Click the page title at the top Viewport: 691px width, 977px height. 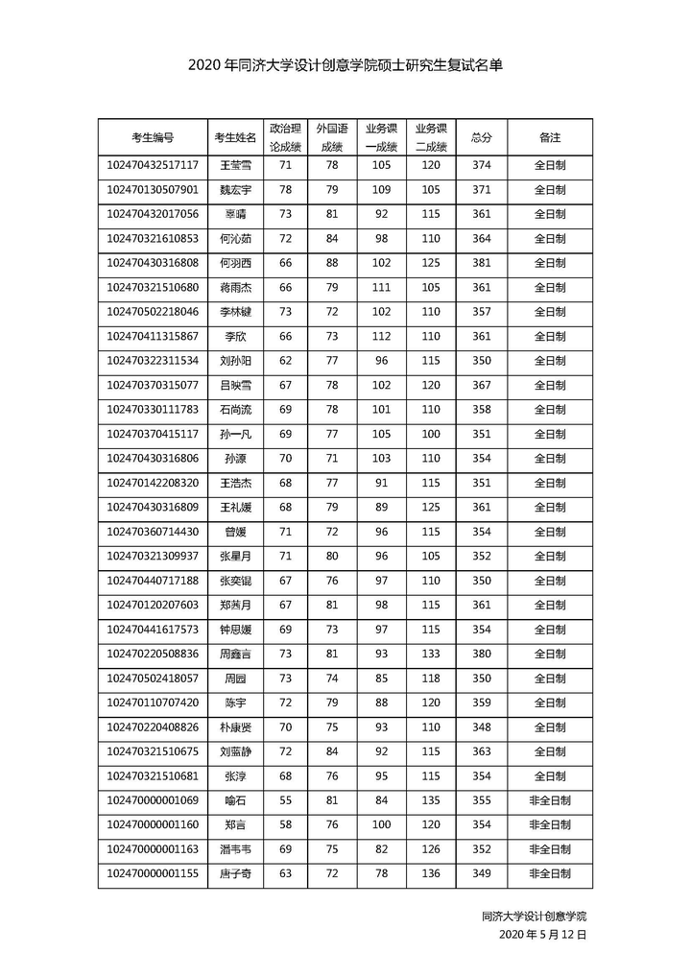coord(345,66)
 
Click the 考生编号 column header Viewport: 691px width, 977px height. coord(153,137)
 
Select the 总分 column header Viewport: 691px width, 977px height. coord(482,137)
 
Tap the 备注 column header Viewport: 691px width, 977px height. coord(550,137)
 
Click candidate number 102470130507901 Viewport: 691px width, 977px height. coord(153,190)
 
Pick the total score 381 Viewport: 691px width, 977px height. coord(482,263)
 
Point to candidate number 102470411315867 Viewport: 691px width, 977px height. coord(153,336)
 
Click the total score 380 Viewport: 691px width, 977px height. coord(482,654)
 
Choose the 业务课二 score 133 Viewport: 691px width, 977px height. coord(431,654)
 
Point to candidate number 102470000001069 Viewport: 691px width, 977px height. coord(153,800)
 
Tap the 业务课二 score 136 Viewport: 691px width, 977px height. coord(431,873)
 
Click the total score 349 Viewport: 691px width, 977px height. coord(482,873)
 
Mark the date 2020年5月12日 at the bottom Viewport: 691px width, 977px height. coord(542,934)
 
